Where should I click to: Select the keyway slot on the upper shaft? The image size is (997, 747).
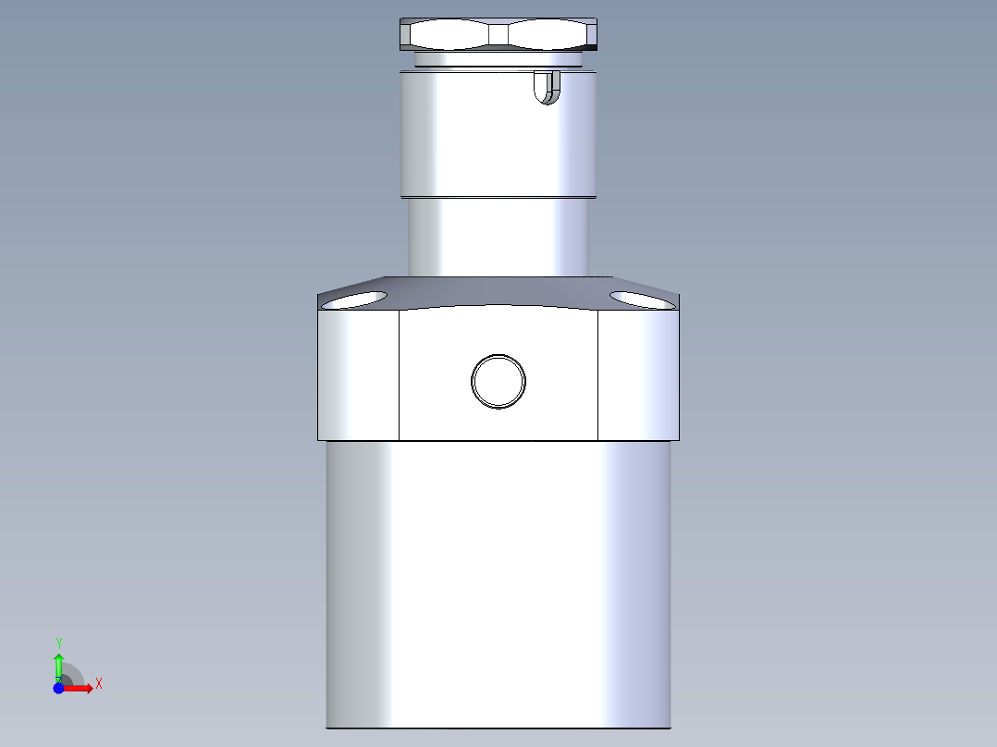click(547, 87)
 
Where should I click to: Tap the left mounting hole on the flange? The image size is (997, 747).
click(354, 299)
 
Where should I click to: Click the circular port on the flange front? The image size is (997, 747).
click(498, 380)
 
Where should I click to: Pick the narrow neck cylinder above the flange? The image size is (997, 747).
click(498, 237)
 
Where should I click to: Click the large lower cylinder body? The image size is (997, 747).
click(498, 582)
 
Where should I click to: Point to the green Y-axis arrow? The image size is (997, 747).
click(58, 664)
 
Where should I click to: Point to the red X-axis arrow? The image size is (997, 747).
click(80, 688)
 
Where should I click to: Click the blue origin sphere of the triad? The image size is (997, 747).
click(59, 688)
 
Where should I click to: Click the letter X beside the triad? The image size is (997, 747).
click(98, 684)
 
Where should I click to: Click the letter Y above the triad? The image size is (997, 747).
click(58, 642)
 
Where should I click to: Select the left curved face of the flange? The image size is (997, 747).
click(359, 374)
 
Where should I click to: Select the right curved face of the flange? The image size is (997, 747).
click(638, 374)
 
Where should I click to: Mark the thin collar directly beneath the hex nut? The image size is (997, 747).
click(498, 60)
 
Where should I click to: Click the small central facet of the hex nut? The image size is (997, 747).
click(498, 35)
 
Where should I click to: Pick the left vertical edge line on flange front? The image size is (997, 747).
click(399, 374)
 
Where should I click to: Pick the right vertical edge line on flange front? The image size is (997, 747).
click(598, 374)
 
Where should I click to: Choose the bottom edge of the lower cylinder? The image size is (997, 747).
click(498, 728)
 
